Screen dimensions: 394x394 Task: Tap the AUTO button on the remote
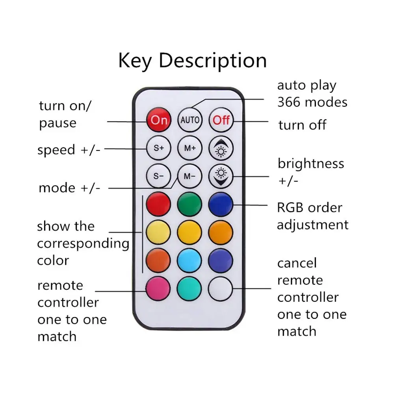(190, 119)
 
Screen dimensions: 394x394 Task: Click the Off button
(221, 119)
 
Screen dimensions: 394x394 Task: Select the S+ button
(158, 148)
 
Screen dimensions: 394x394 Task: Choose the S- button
(158, 176)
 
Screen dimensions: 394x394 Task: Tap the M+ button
(190, 148)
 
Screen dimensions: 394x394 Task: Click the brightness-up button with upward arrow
(221, 148)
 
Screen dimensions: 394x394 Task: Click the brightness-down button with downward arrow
(221, 176)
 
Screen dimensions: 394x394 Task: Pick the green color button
(190, 204)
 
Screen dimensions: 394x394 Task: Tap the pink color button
(158, 289)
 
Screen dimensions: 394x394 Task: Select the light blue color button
(190, 260)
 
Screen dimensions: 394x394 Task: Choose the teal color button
(190, 289)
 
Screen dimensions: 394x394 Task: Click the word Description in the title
(213, 61)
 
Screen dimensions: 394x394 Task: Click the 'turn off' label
(302, 125)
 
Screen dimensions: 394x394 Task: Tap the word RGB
(291, 208)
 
